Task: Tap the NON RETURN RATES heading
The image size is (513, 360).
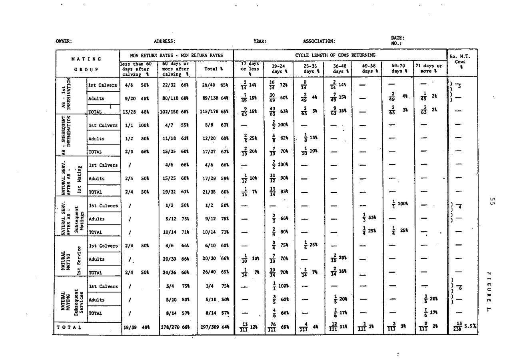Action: pyautogui.click(x=176, y=55)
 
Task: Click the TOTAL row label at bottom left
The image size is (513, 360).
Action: pyautogui.click(x=70, y=327)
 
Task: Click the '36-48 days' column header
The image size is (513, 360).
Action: pyautogui.click(x=341, y=69)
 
